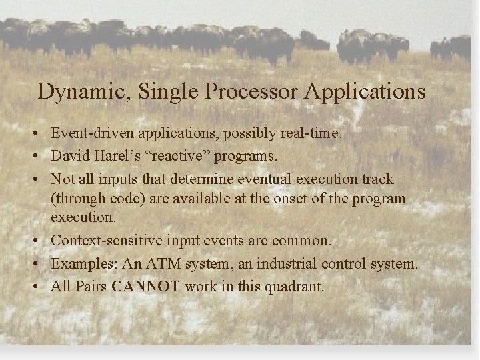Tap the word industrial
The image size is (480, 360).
tap(285, 264)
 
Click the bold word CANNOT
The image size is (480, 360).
tap(147, 287)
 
